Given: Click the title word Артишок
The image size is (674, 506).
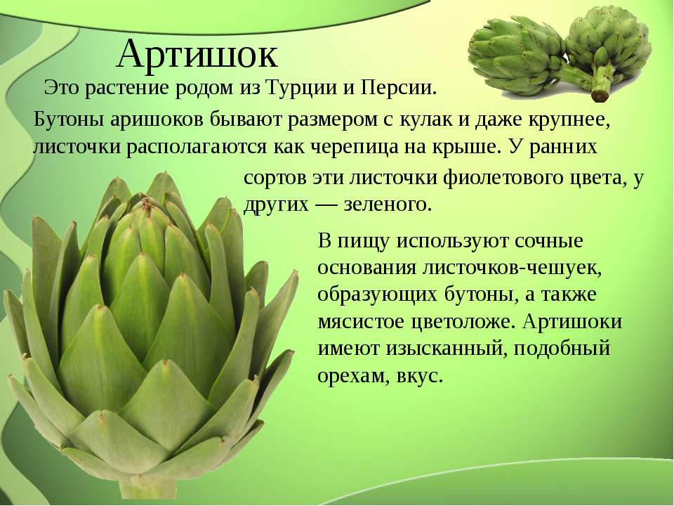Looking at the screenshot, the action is click(197, 55).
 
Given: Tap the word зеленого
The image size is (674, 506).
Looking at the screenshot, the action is click(388, 205).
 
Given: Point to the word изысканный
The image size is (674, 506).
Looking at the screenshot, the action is click(444, 349).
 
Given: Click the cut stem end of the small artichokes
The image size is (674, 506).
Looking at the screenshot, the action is click(600, 94).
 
